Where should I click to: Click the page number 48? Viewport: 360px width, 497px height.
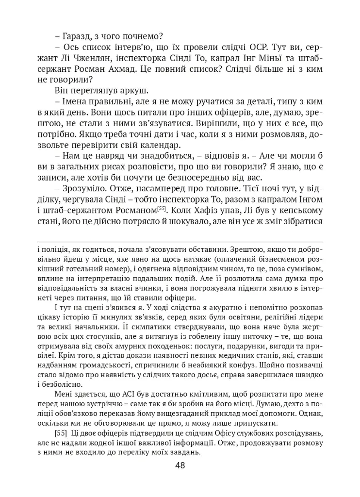(180, 465)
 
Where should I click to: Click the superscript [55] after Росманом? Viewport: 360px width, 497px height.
(163, 208)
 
